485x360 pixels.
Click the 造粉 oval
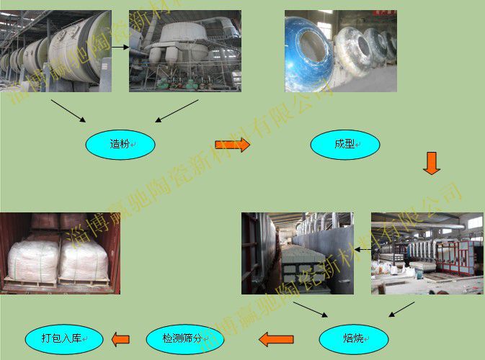click(120, 145)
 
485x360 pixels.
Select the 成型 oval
click(344, 145)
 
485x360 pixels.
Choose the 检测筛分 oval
click(181, 338)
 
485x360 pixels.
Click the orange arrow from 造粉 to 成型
click(232, 145)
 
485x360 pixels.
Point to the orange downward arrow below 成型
click(431, 163)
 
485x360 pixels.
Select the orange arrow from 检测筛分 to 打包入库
click(120, 338)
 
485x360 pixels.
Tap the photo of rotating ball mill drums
click(56, 50)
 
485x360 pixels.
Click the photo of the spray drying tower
click(184, 50)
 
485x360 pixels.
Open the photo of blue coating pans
click(340, 50)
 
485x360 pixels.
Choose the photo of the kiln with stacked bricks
click(297, 253)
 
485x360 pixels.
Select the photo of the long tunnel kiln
click(427, 253)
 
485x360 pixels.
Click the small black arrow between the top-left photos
click(120, 49)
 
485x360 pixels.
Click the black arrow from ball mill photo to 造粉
click(69, 111)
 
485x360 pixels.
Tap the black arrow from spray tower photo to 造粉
click(177, 111)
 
